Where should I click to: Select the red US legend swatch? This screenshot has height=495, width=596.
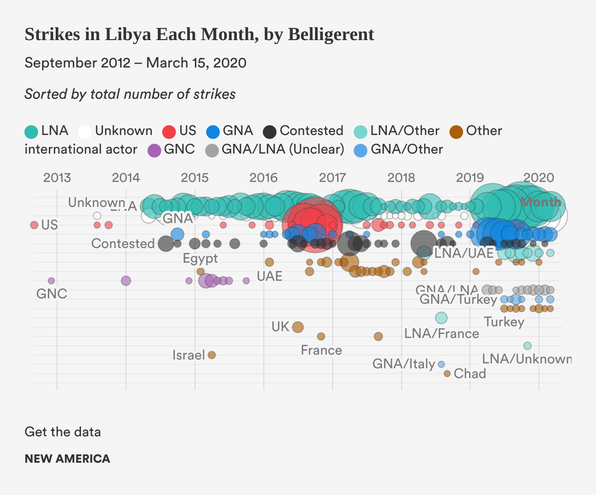pyautogui.click(x=169, y=132)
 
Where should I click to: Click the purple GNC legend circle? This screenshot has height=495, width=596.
pyautogui.click(x=154, y=150)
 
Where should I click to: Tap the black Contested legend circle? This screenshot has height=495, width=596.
pyautogui.click(x=270, y=132)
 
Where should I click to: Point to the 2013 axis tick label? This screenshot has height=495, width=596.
pyautogui.click(x=57, y=177)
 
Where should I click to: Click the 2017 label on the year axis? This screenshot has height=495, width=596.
pyautogui.click(x=333, y=177)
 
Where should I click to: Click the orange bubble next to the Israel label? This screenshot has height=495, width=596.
pyautogui.click(x=212, y=355)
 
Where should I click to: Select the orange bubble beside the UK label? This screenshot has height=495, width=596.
pyautogui.click(x=298, y=327)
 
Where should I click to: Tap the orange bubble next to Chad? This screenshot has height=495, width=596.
pyautogui.click(x=447, y=374)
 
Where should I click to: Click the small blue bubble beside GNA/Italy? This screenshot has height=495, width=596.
pyautogui.click(x=441, y=364)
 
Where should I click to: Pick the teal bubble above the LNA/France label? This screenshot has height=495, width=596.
pyautogui.click(x=441, y=318)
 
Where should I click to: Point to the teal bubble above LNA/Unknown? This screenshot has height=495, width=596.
pyautogui.click(x=527, y=346)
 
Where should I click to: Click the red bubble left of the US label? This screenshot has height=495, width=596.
pyautogui.click(x=34, y=225)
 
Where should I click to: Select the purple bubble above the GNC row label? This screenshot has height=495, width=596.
pyautogui.click(x=51, y=281)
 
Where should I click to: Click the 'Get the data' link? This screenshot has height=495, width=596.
pyautogui.click(x=63, y=432)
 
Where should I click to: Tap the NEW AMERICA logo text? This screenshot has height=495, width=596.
pyautogui.click(x=67, y=459)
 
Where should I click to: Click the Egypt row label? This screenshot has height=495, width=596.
pyautogui.click(x=200, y=258)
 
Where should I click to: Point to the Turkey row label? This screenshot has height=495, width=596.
pyautogui.click(x=504, y=322)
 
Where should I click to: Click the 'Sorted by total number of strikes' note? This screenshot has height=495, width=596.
pyautogui.click(x=130, y=94)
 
